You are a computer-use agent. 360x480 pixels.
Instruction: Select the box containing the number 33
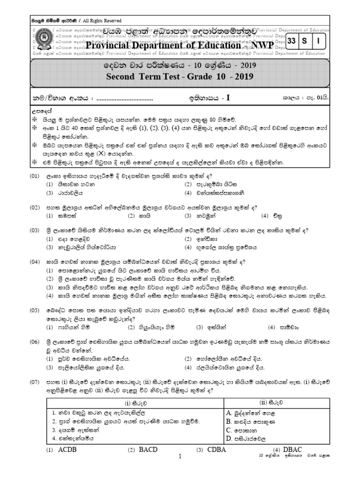[x=292, y=41]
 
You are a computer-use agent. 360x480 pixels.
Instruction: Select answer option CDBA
[x=216, y=450]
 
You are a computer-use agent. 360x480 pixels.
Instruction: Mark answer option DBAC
[x=291, y=450]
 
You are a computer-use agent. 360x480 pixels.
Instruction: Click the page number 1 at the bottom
[x=180, y=456]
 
